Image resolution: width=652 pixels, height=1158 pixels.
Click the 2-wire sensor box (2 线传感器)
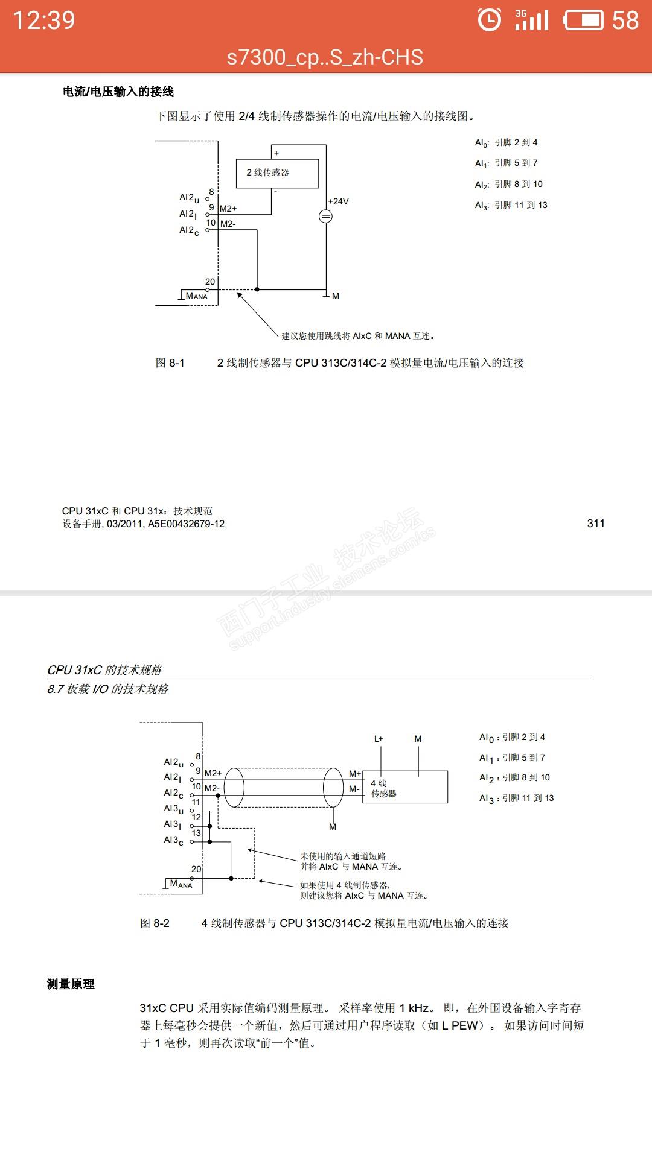click(x=277, y=173)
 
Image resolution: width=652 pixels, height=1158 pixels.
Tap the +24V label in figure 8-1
click(x=338, y=201)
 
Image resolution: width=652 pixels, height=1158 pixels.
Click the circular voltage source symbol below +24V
click(x=325, y=217)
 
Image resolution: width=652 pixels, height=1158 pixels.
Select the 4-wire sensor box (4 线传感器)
click(x=404, y=787)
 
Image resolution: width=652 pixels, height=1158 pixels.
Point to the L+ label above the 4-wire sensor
click(x=379, y=739)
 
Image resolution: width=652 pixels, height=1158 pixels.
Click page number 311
click(x=596, y=524)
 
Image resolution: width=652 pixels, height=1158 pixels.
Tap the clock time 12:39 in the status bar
click(x=44, y=21)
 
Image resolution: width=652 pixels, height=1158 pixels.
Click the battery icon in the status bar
click(x=583, y=21)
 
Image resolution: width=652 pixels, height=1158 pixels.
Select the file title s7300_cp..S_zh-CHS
click(x=325, y=57)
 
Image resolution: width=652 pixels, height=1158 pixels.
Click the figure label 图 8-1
click(x=170, y=363)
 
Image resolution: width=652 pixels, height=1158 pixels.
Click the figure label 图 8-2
click(x=155, y=923)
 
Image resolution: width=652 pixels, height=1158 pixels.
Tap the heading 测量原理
click(x=71, y=984)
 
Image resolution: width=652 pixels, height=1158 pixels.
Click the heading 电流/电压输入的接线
click(x=118, y=92)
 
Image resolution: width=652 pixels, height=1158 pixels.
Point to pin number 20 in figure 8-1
click(x=210, y=282)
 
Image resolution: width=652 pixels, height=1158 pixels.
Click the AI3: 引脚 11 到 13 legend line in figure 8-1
click(x=511, y=205)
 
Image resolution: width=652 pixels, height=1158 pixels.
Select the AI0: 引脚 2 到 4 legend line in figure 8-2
click(x=512, y=737)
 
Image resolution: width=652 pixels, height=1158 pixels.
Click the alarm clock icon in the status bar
click(x=489, y=20)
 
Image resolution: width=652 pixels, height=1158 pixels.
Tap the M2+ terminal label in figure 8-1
click(x=228, y=209)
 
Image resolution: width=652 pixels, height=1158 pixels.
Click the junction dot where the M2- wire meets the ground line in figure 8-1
click(x=257, y=289)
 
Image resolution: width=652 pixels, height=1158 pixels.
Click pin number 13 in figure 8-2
click(x=196, y=833)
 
